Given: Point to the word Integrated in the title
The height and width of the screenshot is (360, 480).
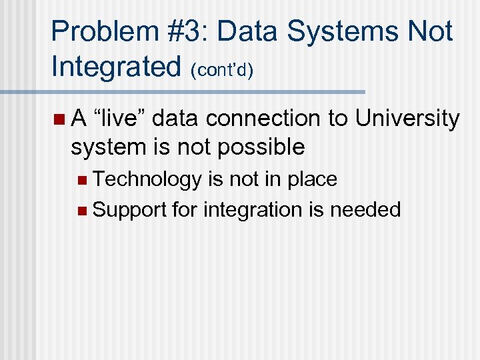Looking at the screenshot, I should pyautogui.click(x=116, y=67).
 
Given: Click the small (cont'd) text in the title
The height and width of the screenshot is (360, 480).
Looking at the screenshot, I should pyautogui.click(x=221, y=70).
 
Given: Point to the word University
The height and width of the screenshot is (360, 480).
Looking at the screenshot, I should pyautogui.click(x=407, y=119).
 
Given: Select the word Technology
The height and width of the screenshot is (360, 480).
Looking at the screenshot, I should pyautogui.click(x=147, y=179).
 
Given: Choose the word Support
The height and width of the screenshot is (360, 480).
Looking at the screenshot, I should pyautogui.click(x=129, y=210).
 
